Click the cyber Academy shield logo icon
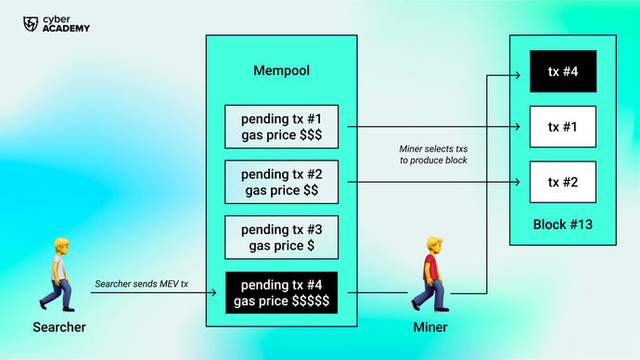[31, 22]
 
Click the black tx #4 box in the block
[562, 71]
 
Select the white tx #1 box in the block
[562, 126]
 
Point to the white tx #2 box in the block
[562, 182]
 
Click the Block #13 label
[562, 225]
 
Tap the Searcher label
[59, 328]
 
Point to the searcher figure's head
[61, 247]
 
